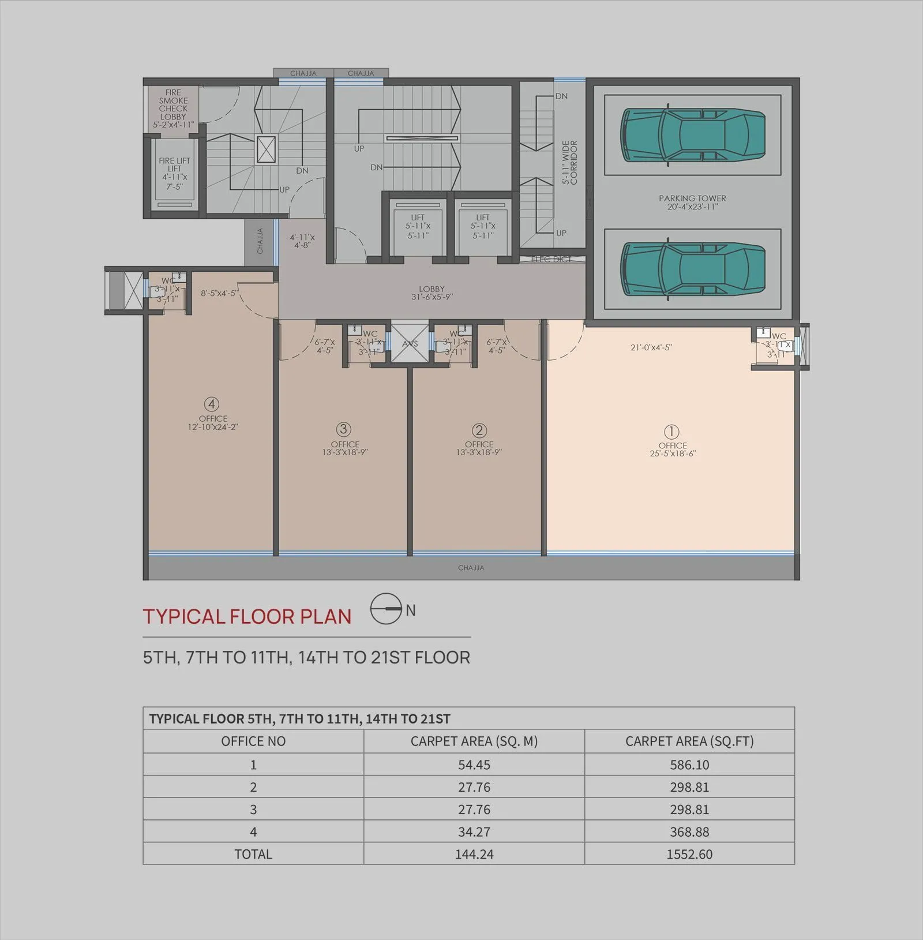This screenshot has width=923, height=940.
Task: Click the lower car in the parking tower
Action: (692, 269)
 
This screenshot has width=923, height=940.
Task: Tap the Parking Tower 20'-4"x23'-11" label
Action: (692, 203)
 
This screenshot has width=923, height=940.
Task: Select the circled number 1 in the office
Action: (671, 432)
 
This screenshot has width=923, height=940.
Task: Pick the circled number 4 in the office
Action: (212, 404)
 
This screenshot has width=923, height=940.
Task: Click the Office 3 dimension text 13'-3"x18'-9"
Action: (345, 452)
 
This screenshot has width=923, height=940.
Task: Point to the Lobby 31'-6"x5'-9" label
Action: (432, 293)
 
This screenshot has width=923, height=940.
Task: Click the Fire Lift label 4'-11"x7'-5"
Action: (174, 174)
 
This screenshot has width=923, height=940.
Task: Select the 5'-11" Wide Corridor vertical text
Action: (569, 163)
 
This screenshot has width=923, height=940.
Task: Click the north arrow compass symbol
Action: (386, 609)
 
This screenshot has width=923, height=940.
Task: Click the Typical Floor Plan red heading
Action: (247, 617)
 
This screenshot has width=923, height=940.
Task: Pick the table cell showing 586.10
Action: (689, 765)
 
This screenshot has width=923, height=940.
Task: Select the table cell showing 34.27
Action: (474, 832)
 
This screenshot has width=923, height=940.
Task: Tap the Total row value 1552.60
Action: (689, 854)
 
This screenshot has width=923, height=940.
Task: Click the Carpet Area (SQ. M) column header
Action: (474, 741)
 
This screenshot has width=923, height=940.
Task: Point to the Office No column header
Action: (253, 741)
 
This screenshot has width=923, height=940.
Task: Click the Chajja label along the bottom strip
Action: (471, 568)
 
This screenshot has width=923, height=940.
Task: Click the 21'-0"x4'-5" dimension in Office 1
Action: (651, 348)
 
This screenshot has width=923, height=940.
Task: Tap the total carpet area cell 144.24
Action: (474, 854)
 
